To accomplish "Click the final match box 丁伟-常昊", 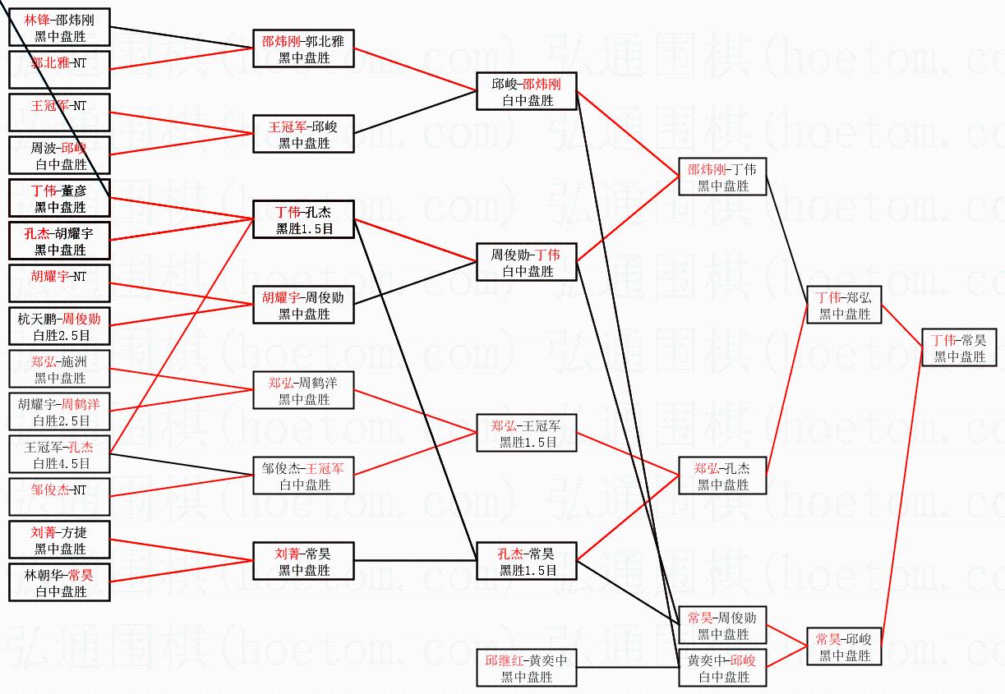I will (958, 347).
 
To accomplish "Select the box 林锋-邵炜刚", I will (59, 27).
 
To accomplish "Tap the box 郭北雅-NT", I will (59, 70).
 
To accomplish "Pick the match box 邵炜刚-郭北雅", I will (303, 48).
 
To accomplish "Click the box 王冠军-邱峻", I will (303, 134).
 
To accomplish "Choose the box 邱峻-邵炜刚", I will (527, 91).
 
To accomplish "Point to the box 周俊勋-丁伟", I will (527, 262).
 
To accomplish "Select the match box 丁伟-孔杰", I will (303, 219).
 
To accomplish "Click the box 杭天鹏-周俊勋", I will (59, 326).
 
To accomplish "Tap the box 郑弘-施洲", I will (59, 369).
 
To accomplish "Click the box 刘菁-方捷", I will (59, 540).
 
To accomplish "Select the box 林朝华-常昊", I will (59, 582).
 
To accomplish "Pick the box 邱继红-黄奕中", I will (527, 668).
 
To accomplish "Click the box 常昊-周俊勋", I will (721, 625).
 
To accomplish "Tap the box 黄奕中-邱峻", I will (721, 668).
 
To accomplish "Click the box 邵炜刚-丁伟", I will (721, 177).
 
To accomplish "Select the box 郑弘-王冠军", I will (527, 433).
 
